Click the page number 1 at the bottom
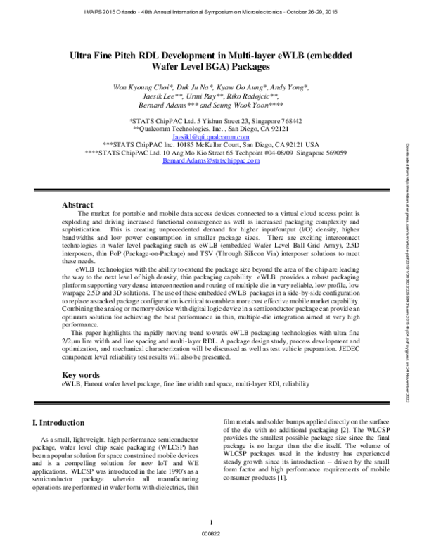pos(211,521)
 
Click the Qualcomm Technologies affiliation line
pos(211,110)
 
